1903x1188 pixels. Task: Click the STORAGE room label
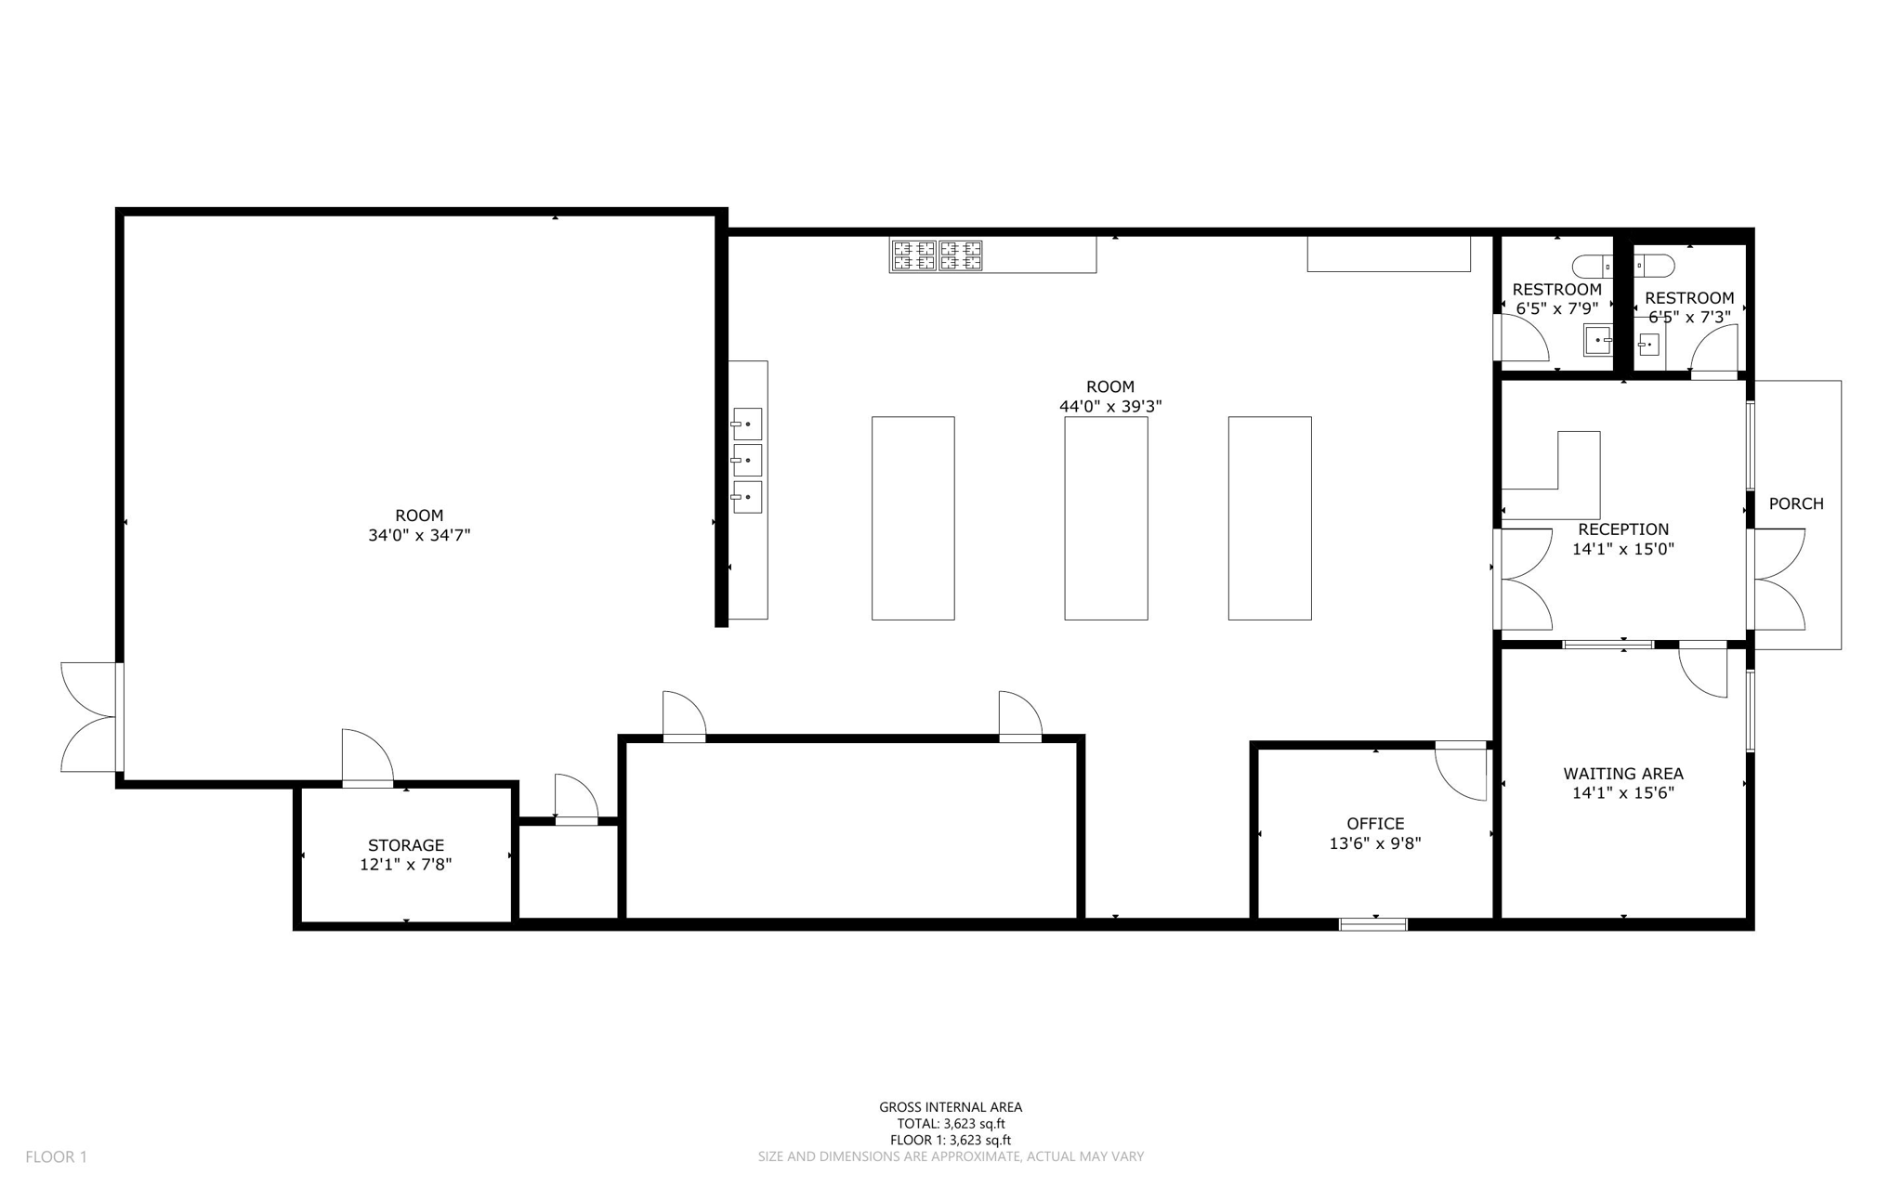click(406, 845)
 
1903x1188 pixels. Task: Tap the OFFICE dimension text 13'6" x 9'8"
click(1375, 843)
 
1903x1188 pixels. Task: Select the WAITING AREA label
click(1622, 774)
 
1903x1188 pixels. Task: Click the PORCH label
click(1795, 503)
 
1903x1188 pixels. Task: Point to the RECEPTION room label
click(1622, 529)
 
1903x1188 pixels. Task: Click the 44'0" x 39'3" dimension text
click(1110, 407)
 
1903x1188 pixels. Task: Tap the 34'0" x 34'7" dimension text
click(419, 535)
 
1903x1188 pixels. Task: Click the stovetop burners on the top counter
click(937, 255)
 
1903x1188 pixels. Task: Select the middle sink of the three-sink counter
click(747, 460)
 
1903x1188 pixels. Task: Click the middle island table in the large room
click(1106, 518)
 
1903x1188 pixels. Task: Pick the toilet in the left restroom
click(1595, 267)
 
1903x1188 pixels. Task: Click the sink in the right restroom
click(1648, 346)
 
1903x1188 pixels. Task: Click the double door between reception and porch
click(1777, 580)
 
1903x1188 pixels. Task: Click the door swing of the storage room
click(367, 757)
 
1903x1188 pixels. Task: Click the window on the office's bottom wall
click(1372, 923)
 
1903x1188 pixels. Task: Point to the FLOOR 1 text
click(56, 1156)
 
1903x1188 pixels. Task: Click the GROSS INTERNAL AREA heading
click(951, 1107)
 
